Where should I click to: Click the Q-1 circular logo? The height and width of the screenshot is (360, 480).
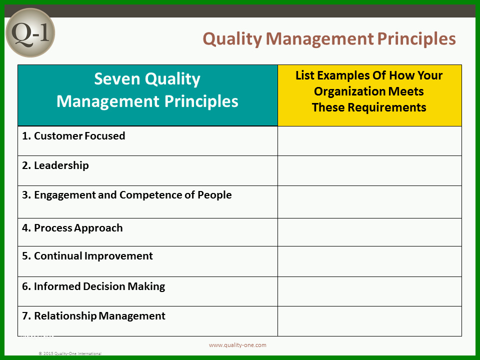tap(30, 33)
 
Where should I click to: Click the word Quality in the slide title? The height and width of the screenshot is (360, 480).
tap(232, 39)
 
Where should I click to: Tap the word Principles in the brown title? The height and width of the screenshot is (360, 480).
tap(416, 39)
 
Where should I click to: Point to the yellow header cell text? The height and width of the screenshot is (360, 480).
tap(369, 91)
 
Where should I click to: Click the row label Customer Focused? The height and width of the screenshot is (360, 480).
tap(73, 135)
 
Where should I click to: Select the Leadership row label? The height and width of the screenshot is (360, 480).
tap(55, 165)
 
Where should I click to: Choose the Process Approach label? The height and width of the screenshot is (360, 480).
tap(72, 228)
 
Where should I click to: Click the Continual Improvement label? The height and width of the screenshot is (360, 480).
tap(87, 256)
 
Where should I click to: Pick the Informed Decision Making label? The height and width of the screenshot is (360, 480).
tap(93, 286)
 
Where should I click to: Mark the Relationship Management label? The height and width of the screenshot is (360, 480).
tap(93, 315)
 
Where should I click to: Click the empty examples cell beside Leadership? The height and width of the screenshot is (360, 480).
tap(369, 171)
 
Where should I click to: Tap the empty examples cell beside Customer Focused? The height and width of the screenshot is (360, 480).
tap(369, 141)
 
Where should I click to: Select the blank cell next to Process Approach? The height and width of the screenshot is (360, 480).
tap(369, 232)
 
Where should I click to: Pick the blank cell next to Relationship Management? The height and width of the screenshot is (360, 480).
tap(369, 321)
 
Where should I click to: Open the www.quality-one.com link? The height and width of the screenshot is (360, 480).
tap(237, 345)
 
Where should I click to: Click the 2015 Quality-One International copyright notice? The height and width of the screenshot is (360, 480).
tap(70, 353)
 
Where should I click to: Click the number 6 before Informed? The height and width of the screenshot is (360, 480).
tap(25, 286)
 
